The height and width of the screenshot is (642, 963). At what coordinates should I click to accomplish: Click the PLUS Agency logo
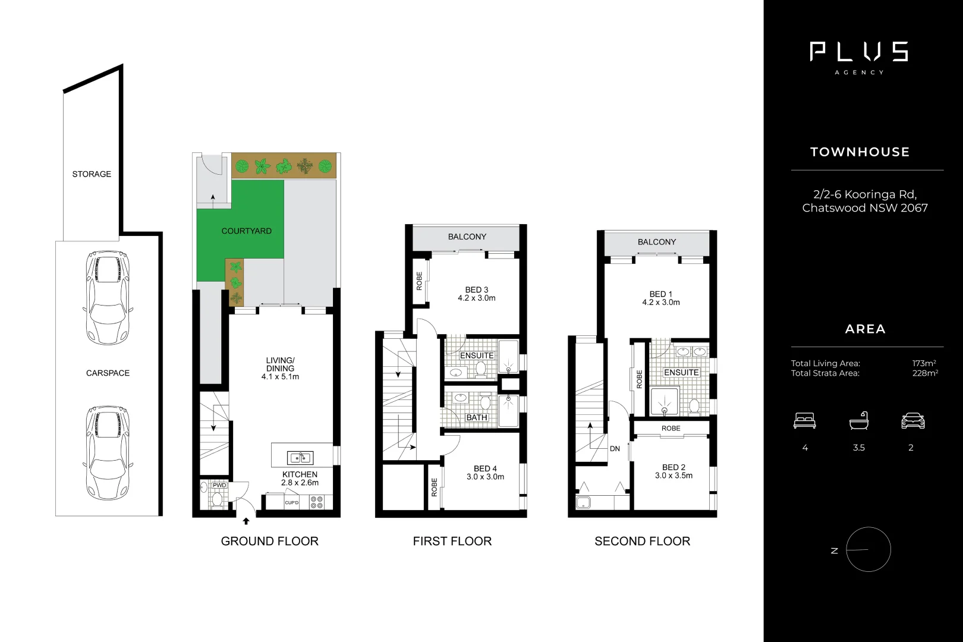point(859,56)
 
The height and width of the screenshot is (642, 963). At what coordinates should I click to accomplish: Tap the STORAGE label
point(92,174)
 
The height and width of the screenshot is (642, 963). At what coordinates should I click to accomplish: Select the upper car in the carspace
point(108,297)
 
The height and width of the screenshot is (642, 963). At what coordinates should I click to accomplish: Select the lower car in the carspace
point(108,453)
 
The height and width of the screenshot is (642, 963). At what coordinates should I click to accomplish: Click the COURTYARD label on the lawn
point(246,231)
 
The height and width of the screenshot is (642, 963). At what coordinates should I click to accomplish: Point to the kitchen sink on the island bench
point(300,458)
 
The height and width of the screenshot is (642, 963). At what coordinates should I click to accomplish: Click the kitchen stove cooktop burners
point(317,502)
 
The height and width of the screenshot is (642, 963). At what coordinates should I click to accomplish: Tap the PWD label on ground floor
point(219,486)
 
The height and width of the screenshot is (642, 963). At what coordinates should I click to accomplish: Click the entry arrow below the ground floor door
point(246,522)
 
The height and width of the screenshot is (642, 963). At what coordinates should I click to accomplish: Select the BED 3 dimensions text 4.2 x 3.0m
point(477,298)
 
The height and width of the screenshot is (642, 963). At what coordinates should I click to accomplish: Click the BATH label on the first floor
point(477,418)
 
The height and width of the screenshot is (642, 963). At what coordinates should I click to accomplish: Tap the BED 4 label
point(485,468)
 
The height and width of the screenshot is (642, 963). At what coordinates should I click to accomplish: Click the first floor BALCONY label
point(467,237)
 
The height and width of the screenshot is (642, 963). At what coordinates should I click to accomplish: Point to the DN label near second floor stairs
point(615,449)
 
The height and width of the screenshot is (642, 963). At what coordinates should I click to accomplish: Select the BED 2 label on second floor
point(674,467)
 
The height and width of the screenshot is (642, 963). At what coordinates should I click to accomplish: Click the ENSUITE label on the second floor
point(681,373)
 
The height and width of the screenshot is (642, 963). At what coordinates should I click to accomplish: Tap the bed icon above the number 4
point(804,421)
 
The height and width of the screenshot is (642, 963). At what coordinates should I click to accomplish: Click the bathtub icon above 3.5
point(858,421)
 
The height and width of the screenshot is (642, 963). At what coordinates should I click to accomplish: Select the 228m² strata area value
point(925,373)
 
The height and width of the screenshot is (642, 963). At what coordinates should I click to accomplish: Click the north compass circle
point(868,549)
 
